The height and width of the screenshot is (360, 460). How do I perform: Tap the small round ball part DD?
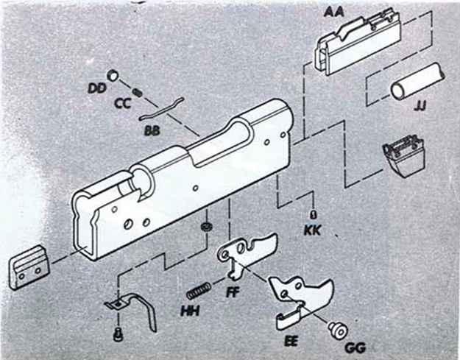(113, 75)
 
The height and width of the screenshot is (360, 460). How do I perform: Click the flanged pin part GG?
(339, 331)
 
